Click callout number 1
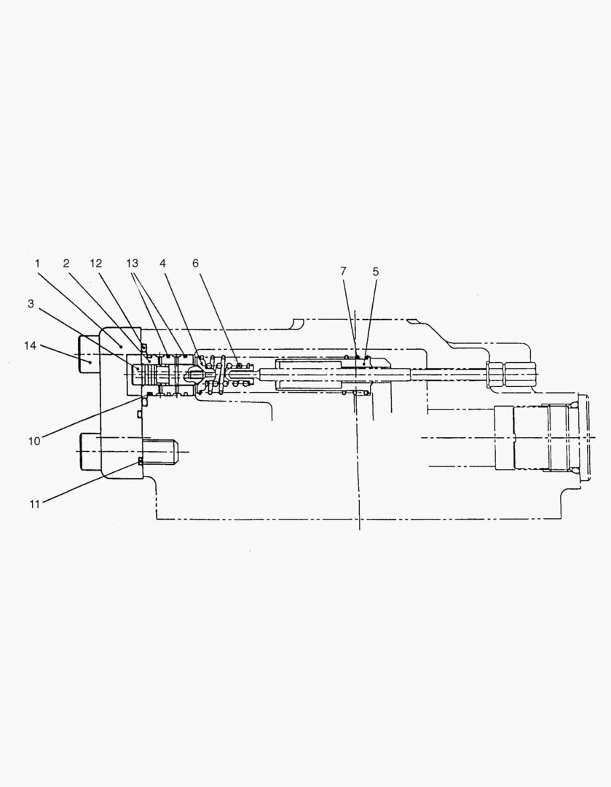tap(37, 263)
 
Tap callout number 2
tap(66, 263)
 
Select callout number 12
tap(96, 263)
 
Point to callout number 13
tap(132, 263)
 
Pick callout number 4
tap(162, 263)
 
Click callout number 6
tap(196, 263)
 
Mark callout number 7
tap(343, 271)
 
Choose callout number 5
tap(376, 272)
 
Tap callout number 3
tap(31, 303)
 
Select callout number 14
tap(30, 345)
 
